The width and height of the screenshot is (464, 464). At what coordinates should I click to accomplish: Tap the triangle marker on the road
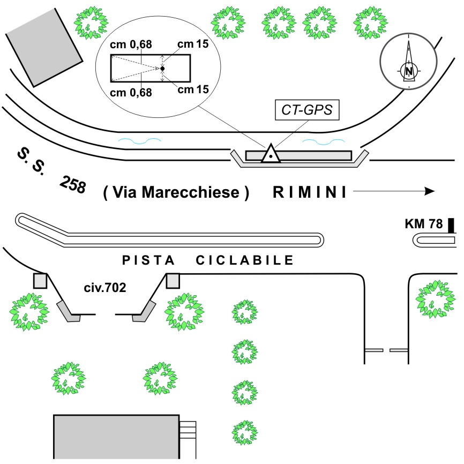[x=272, y=154]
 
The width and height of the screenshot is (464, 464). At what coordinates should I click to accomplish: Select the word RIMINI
[x=310, y=192]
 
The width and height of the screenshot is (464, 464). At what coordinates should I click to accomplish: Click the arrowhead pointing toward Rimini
[x=429, y=191]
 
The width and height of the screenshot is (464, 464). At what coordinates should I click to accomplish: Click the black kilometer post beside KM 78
[x=451, y=226]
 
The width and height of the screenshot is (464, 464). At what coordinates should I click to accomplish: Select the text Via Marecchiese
[x=176, y=193]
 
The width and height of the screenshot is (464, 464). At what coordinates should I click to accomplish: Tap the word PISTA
[x=148, y=261]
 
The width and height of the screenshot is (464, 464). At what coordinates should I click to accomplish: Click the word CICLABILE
[x=245, y=261]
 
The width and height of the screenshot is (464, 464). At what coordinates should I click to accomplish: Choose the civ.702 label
[x=105, y=288]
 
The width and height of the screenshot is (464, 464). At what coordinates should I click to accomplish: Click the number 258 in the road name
[x=73, y=185]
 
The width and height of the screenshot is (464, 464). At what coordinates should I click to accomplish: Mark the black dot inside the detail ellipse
[x=162, y=69]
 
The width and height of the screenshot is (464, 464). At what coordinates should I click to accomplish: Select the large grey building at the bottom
[x=116, y=436]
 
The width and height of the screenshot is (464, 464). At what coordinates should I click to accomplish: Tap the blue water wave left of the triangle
[x=139, y=141]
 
